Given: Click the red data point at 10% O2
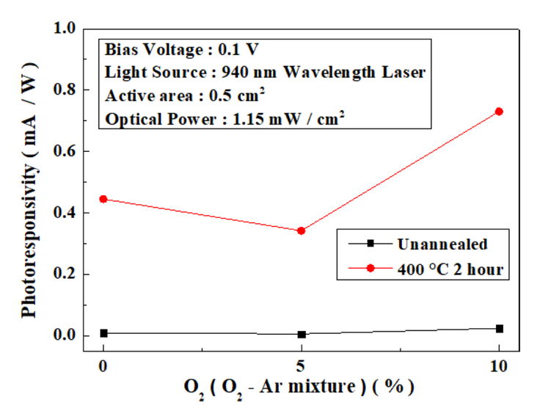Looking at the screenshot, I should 500,112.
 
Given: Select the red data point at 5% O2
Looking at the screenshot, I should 301,230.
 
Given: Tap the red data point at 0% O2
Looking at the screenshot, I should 103,199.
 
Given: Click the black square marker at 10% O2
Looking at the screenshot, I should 500,329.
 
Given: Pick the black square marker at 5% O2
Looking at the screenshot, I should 301,334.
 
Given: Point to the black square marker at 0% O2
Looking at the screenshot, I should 103,333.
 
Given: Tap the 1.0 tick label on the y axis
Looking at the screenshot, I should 65,29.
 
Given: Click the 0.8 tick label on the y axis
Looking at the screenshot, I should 65,90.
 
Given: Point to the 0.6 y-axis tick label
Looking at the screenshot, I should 65,151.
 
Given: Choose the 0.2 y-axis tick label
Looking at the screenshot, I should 65,274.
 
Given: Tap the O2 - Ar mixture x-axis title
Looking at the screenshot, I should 302,387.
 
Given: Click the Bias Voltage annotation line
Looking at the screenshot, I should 182,50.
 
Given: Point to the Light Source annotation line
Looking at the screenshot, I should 265,73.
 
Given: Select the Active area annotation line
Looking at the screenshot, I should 186,95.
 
